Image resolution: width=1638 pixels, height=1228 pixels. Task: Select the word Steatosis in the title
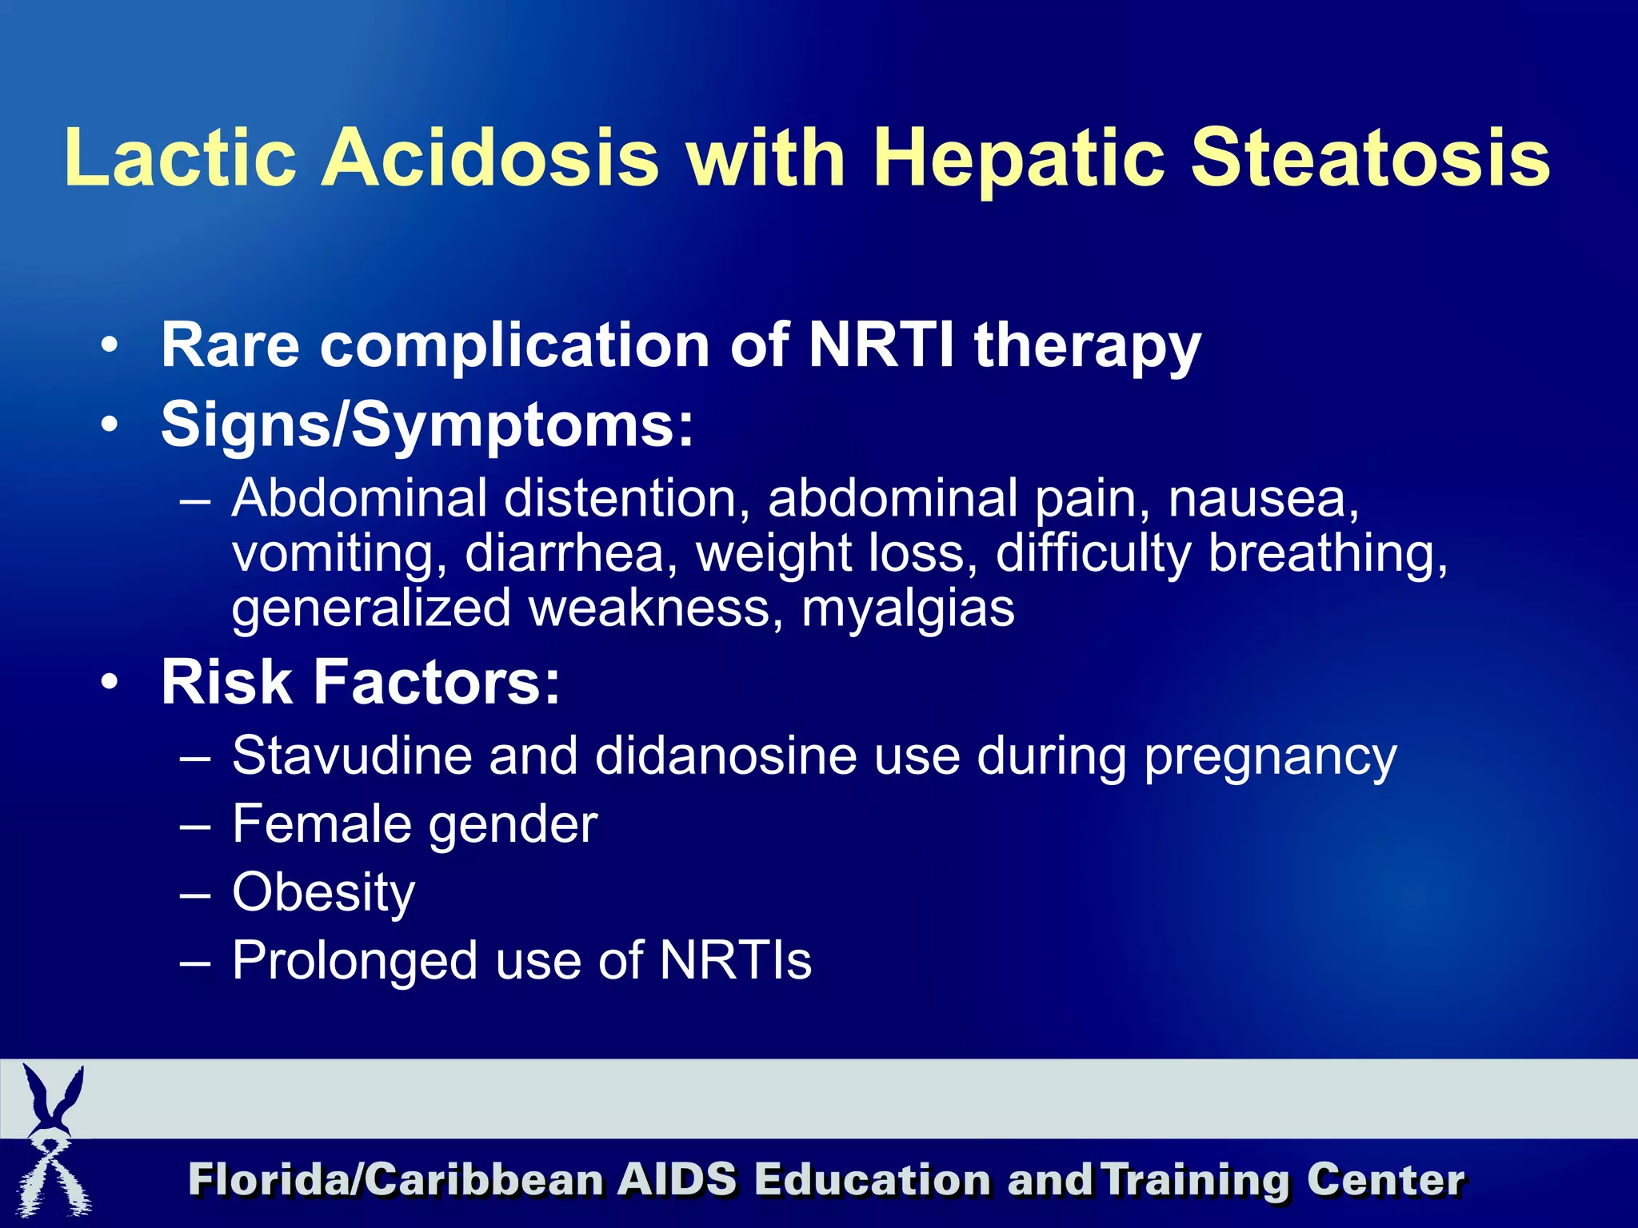click(1370, 157)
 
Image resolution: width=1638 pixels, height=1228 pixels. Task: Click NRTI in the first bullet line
click(881, 345)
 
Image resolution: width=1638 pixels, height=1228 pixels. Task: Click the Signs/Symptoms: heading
click(427, 426)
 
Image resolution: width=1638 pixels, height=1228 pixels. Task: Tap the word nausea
click(1263, 499)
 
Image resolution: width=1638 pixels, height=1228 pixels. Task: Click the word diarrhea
click(565, 553)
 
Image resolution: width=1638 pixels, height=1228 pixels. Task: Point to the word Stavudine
click(352, 756)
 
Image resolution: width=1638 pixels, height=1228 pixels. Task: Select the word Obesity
click(323, 893)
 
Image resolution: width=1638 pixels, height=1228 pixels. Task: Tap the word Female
click(320, 824)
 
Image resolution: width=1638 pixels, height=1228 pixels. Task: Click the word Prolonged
click(355, 962)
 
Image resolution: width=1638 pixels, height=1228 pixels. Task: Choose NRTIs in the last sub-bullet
click(735, 960)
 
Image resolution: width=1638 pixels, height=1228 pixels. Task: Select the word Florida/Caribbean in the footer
click(396, 1181)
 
